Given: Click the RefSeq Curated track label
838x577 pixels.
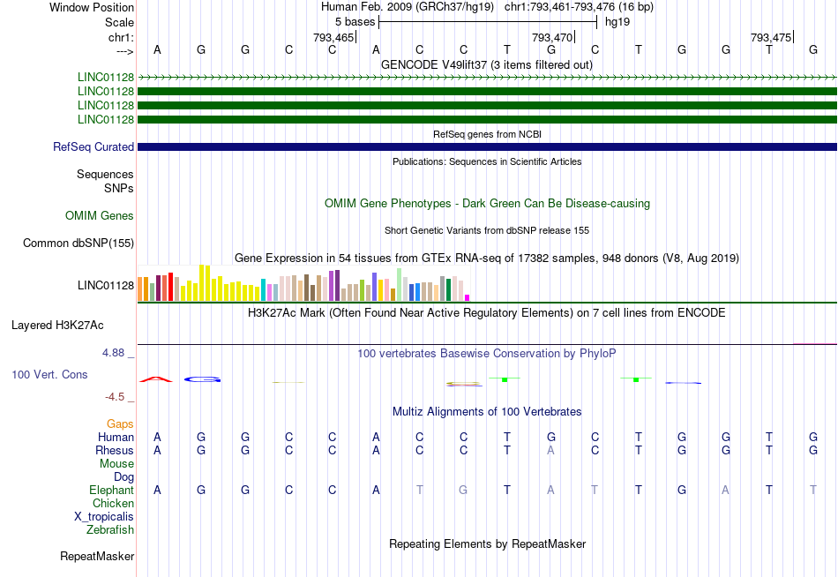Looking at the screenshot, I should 94,147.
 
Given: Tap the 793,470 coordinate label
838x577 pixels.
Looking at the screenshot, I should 553,37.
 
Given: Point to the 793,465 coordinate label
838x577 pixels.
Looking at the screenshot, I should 334,37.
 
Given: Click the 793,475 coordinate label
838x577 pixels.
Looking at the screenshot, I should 771,37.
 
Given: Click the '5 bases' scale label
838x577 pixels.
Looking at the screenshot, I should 355,21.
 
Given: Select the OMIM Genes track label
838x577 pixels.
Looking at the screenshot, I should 100,216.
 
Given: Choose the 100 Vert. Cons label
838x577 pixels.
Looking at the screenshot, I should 49,375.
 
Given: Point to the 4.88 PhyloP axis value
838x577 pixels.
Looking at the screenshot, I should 118,353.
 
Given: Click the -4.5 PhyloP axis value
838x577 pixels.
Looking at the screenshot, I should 118,398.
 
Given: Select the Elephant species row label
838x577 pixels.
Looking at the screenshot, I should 111,491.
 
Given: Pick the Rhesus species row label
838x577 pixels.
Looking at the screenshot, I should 115,451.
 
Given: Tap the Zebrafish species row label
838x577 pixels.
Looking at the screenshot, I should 110,530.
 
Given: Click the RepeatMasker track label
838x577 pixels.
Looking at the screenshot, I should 97,557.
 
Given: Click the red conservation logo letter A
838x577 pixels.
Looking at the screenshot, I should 158,379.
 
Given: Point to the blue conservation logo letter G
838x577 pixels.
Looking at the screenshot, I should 202,379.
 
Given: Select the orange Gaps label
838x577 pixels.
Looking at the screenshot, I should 120,424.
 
